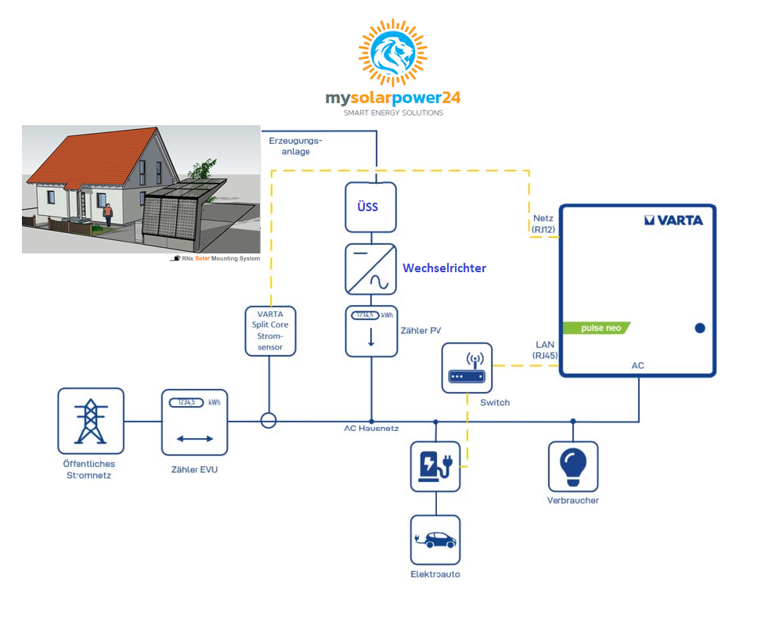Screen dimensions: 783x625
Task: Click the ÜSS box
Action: (370, 207)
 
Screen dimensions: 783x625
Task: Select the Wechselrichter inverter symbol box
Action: (370, 269)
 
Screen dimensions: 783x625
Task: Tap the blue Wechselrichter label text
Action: (445, 268)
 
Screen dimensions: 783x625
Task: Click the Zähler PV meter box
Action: (371, 331)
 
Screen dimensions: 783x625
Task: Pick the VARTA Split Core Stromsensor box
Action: (270, 331)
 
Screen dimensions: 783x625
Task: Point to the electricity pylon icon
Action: (90, 421)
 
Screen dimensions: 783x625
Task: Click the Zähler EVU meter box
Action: (194, 422)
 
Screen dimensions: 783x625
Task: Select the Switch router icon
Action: (467, 368)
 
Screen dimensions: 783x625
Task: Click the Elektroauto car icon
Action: (435, 541)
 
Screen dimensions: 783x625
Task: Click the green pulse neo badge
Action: (597, 328)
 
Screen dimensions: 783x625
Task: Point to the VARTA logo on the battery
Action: (673, 220)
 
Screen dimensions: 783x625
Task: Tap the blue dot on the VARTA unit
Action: (700, 328)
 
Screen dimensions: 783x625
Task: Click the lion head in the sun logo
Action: (393, 52)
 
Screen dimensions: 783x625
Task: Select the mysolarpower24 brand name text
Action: (393, 98)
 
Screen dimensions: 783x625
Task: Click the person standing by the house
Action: (107, 214)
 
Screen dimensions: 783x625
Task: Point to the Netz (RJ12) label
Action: (543, 224)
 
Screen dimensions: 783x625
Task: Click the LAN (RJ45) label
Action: (545, 350)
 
